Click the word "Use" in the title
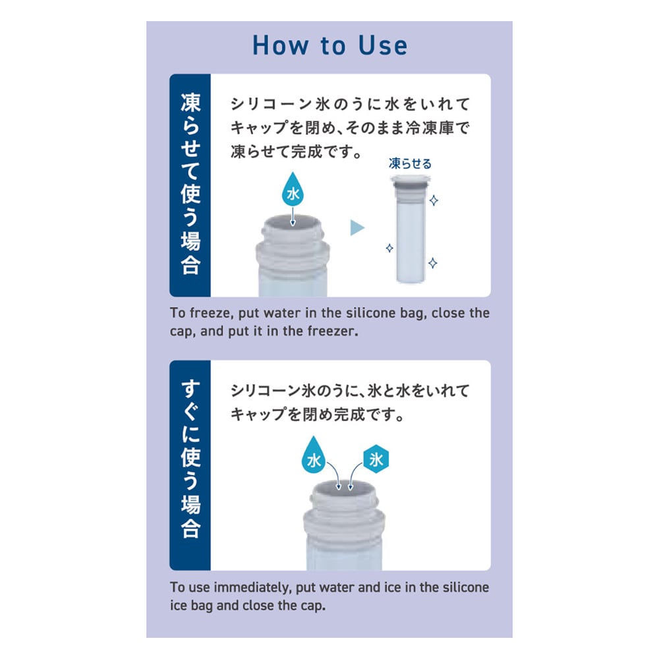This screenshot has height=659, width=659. coord(383,45)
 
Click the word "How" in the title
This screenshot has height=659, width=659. coord(280,45)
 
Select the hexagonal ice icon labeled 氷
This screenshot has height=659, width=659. coord(376,459)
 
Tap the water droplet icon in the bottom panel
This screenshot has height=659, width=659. coord(314,456)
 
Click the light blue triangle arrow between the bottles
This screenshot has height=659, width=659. coord(357,228)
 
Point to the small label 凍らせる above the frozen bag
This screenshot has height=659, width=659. coord(410,163)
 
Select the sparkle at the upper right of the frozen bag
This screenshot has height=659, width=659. coord(434,200)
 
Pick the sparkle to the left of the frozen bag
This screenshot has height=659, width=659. coord(389,248)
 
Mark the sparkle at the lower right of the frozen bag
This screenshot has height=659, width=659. coord(432,263)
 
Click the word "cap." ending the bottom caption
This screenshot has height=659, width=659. coord(313,606)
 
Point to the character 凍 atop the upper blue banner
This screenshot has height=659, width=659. coord(190,103)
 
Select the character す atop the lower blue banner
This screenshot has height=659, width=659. coord(190,389)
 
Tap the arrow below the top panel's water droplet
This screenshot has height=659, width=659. coord(293,216)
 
